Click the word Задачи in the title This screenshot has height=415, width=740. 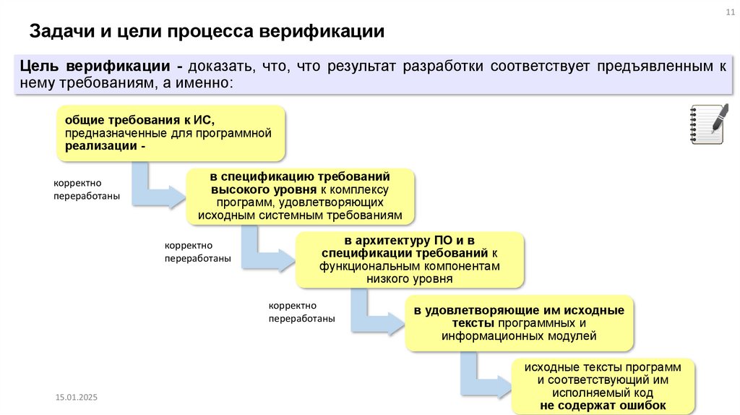[59, 31]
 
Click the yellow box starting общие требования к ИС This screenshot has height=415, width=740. [171, 132]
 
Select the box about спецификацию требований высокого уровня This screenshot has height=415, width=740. [301, 196]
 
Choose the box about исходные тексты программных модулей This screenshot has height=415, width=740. [519, 322]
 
